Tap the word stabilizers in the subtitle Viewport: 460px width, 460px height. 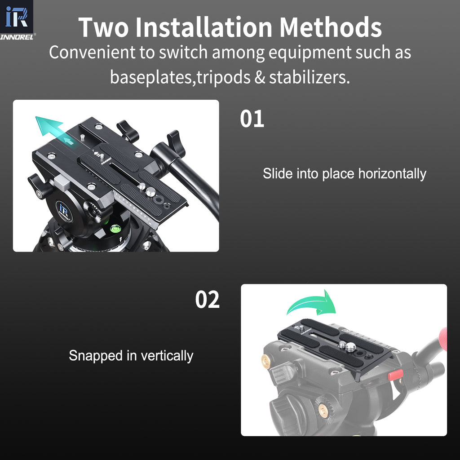(x=309, y=77)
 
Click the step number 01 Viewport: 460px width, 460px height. (x=252, y=119)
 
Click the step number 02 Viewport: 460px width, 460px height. (x=208, y=300)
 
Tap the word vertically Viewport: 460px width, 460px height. (x=167, y=356)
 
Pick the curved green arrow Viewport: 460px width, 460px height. (x=314, y=303)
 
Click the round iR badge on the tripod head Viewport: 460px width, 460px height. (x=64, y=211)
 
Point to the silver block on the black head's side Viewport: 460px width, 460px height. (x=62, y=182)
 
